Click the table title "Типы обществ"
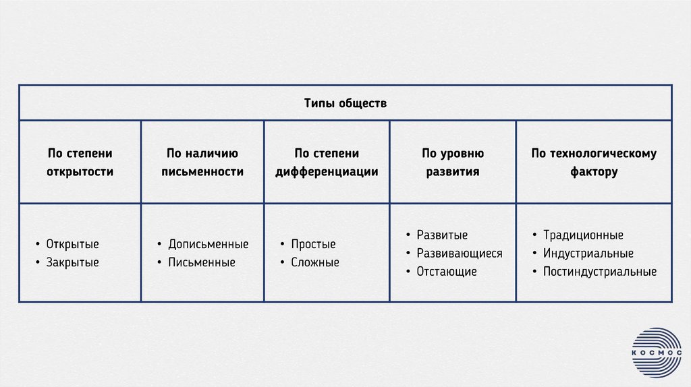point(345,104)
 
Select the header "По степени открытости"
point(80,162)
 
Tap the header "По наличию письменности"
point(202,162)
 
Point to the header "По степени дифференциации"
point(327,162)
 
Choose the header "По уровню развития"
point(452,162)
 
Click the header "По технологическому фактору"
point(593,162)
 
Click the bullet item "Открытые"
point(72,244)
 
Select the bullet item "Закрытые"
point(72,262)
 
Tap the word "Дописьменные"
point(208,244)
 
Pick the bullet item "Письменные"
point(202,262)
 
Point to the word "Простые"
point(313,244)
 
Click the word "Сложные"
point(315,262)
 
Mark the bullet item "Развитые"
point(442,235)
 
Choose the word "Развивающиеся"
point(460,254)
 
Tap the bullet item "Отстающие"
point(447,272)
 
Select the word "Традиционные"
point(583,235)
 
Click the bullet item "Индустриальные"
point(588,254)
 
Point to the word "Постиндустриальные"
point(599,272)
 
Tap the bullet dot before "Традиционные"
point(534,235)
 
